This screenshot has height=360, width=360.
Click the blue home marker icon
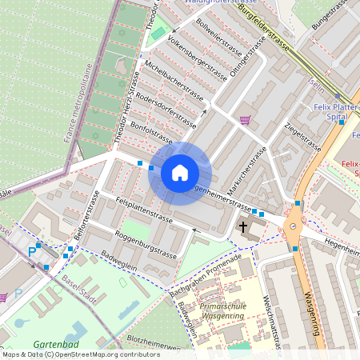click(180, 173)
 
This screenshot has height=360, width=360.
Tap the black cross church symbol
click(242, 227)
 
